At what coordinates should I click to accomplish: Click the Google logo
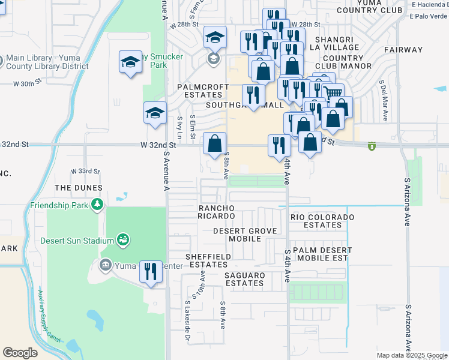point(20,353)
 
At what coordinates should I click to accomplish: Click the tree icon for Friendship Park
point(97,205)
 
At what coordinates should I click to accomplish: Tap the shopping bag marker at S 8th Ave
point(214,144)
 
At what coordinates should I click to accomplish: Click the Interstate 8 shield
point(373,146)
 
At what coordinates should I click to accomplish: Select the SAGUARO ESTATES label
point(244,279)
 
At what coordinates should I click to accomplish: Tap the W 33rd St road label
point(85,171)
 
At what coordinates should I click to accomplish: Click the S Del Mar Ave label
point(382,99)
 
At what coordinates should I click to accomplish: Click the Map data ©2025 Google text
point(411,355)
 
